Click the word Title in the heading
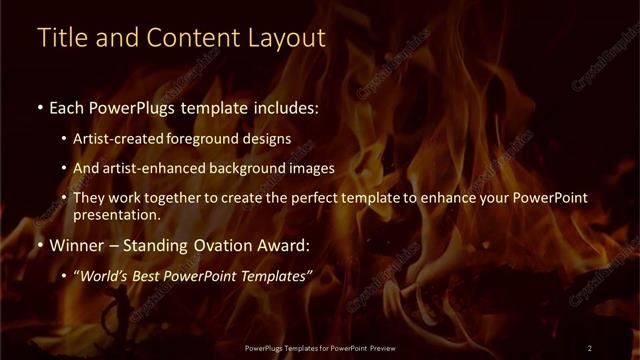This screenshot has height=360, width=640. point(58,38)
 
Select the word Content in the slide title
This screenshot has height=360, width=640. point(190,38)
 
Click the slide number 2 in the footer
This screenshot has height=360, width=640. point(590,347)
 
